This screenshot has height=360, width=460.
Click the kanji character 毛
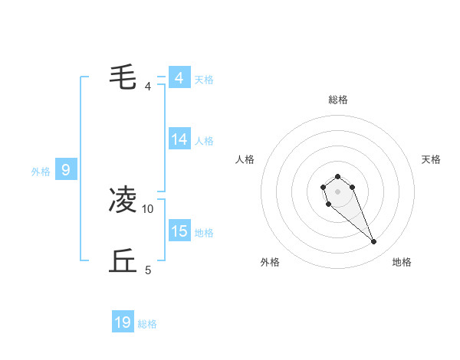123,77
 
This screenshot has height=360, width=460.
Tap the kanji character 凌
123,200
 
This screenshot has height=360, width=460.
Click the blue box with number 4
179,78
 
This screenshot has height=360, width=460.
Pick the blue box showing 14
179,139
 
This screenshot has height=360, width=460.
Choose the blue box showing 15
179,231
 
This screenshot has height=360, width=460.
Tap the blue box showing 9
66,170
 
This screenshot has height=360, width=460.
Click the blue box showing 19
123,322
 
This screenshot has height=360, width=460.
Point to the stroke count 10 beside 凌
148,208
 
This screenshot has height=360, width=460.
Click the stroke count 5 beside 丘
148,270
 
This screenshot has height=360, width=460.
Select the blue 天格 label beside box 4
204,79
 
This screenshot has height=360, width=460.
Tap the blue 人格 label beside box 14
204,140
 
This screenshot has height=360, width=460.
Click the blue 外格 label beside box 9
41,172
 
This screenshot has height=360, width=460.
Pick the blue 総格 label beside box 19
147,324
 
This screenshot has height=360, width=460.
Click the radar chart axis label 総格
337,100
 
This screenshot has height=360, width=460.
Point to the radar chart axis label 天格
431,159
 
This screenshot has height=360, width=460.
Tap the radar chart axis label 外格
270,262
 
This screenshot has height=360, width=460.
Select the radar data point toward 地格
374,242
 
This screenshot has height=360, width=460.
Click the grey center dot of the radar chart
337,191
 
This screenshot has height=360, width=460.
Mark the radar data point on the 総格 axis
337,176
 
